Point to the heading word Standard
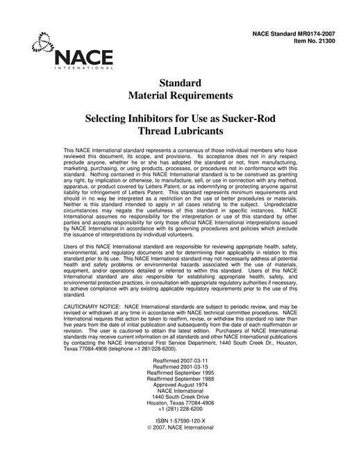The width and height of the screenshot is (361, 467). point(180,83)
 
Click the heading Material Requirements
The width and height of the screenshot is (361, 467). point(180,95)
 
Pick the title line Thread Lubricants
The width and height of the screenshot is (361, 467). point(180,130)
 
